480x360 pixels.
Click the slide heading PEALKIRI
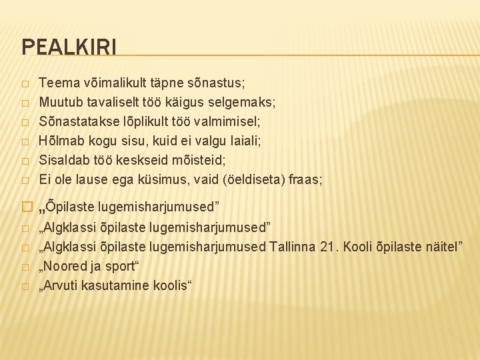pos(69,47)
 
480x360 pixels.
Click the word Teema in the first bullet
pos(57,83)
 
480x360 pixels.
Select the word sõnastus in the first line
pos(221,83)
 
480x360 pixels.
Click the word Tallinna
pos(293,248)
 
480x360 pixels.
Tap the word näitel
pos(442,248)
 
